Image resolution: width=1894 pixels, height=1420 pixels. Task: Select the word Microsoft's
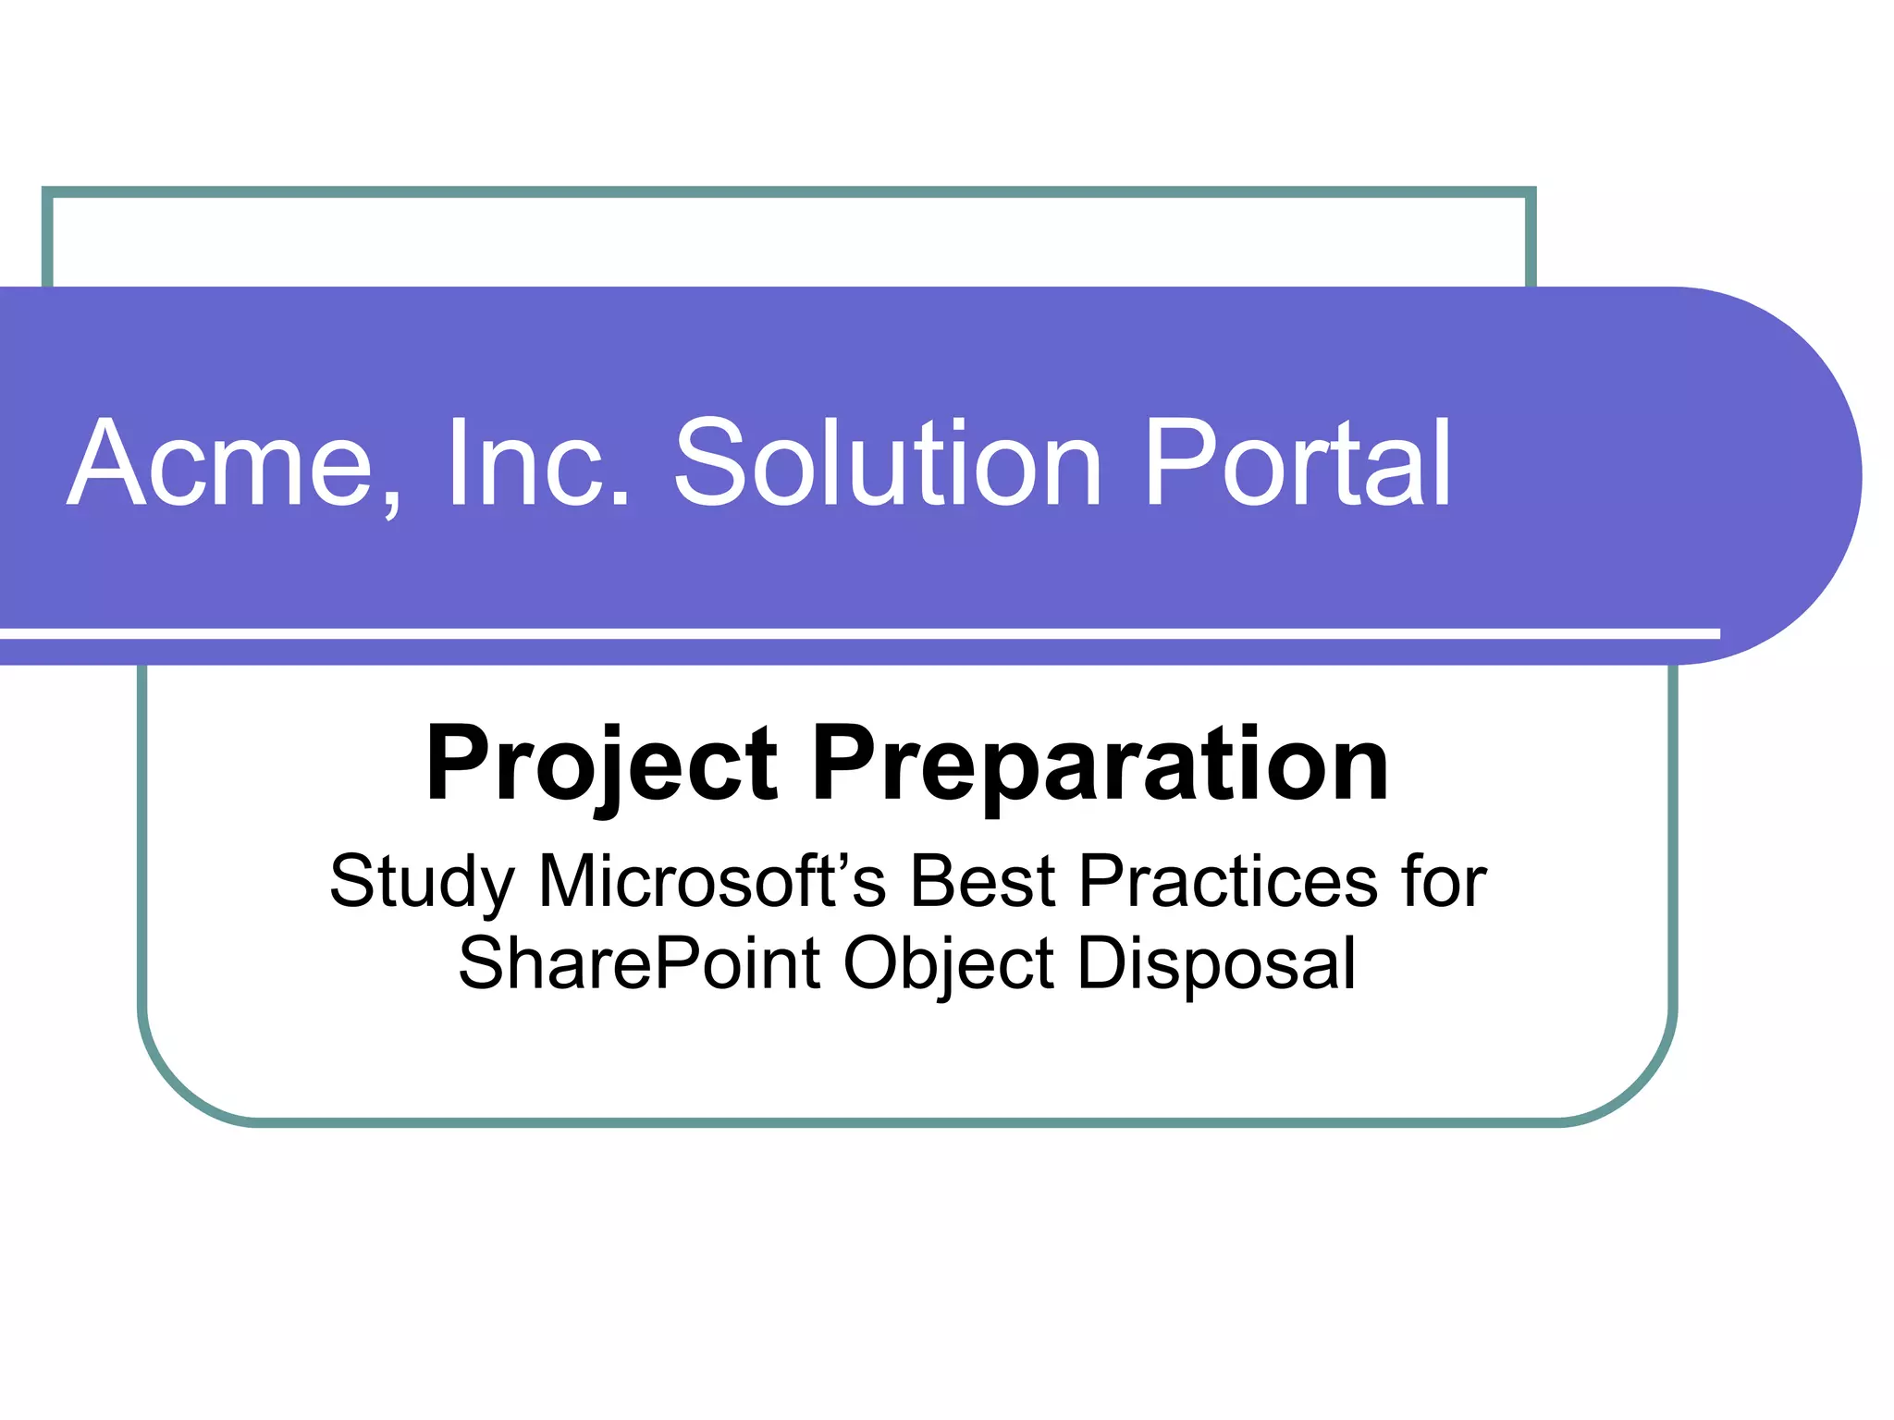pos(712,881)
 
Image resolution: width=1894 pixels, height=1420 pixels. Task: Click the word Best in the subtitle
pos(982,881)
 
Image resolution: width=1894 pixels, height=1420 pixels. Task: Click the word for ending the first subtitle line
pos(1443,881)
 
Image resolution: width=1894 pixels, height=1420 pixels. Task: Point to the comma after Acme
pos(391,504)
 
